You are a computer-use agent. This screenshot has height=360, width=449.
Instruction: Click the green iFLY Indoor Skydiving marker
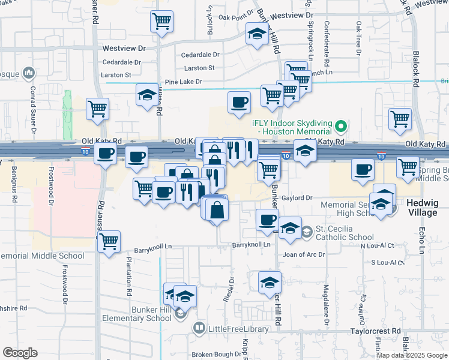tap(341, 127)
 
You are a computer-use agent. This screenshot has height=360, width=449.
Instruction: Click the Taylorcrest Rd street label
tap(376, 331)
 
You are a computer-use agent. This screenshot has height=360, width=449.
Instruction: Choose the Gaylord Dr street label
tap(298, 197)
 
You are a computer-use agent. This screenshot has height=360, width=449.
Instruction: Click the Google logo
tap(20, 353)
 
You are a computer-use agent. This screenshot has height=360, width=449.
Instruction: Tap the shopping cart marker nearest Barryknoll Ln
tap(109, 241)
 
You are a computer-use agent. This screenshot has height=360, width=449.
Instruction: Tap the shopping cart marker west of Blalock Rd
tap(400, 118)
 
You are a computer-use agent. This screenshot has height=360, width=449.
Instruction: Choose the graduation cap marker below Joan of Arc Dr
tap(270, 281)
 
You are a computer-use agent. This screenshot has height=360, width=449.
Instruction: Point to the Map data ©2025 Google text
tap(411, 355)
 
